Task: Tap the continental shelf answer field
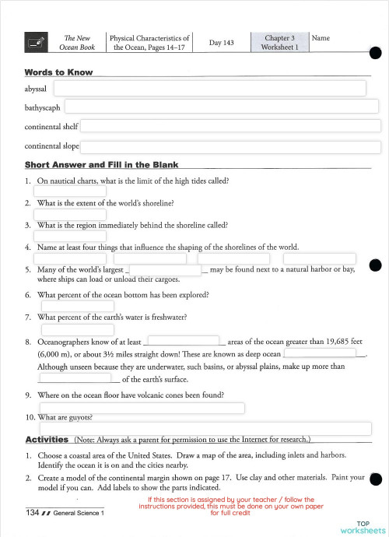[x=230, y=126]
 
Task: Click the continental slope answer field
[x=230, y=146]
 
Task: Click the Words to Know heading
[x=58, y=72]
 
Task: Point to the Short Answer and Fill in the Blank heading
[x=101, y=165]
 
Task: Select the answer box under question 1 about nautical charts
[x=69, y=191]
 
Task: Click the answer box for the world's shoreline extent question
[x=69, y=214]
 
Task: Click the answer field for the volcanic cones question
[x=141, y=408]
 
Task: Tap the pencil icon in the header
[x=35, y=44]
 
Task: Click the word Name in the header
[x=321, y=37]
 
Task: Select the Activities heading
[x=47, y=440]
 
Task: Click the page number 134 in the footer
[x=32, y=513]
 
